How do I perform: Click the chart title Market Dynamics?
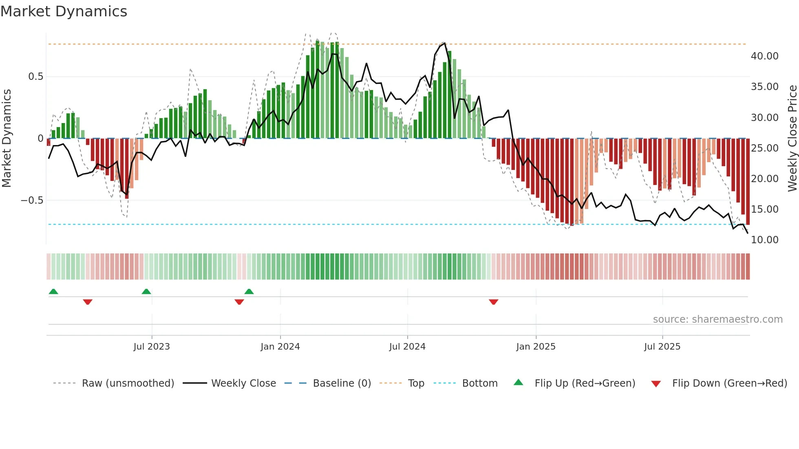coord(64,11)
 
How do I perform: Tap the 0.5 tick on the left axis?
coord(35,77)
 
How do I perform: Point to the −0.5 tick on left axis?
coord(32,200)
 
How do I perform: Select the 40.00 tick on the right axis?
coord(764,56)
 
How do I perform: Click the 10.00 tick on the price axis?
coord(764,240)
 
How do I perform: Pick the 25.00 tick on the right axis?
coord(764,148)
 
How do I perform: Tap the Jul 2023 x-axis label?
coord(152,347)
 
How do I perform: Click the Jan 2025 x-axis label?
coord(536,347)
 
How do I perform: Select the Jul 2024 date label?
coord(407,347)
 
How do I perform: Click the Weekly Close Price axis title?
coord(792,138)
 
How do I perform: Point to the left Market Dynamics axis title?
coord(7,138)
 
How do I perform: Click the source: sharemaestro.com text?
coord(717,319)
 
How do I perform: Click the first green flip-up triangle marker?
coord(53,291)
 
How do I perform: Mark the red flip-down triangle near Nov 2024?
coord(493,302)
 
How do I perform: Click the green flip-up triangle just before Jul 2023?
coord(146,291)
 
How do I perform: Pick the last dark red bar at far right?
coord(748,181)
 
